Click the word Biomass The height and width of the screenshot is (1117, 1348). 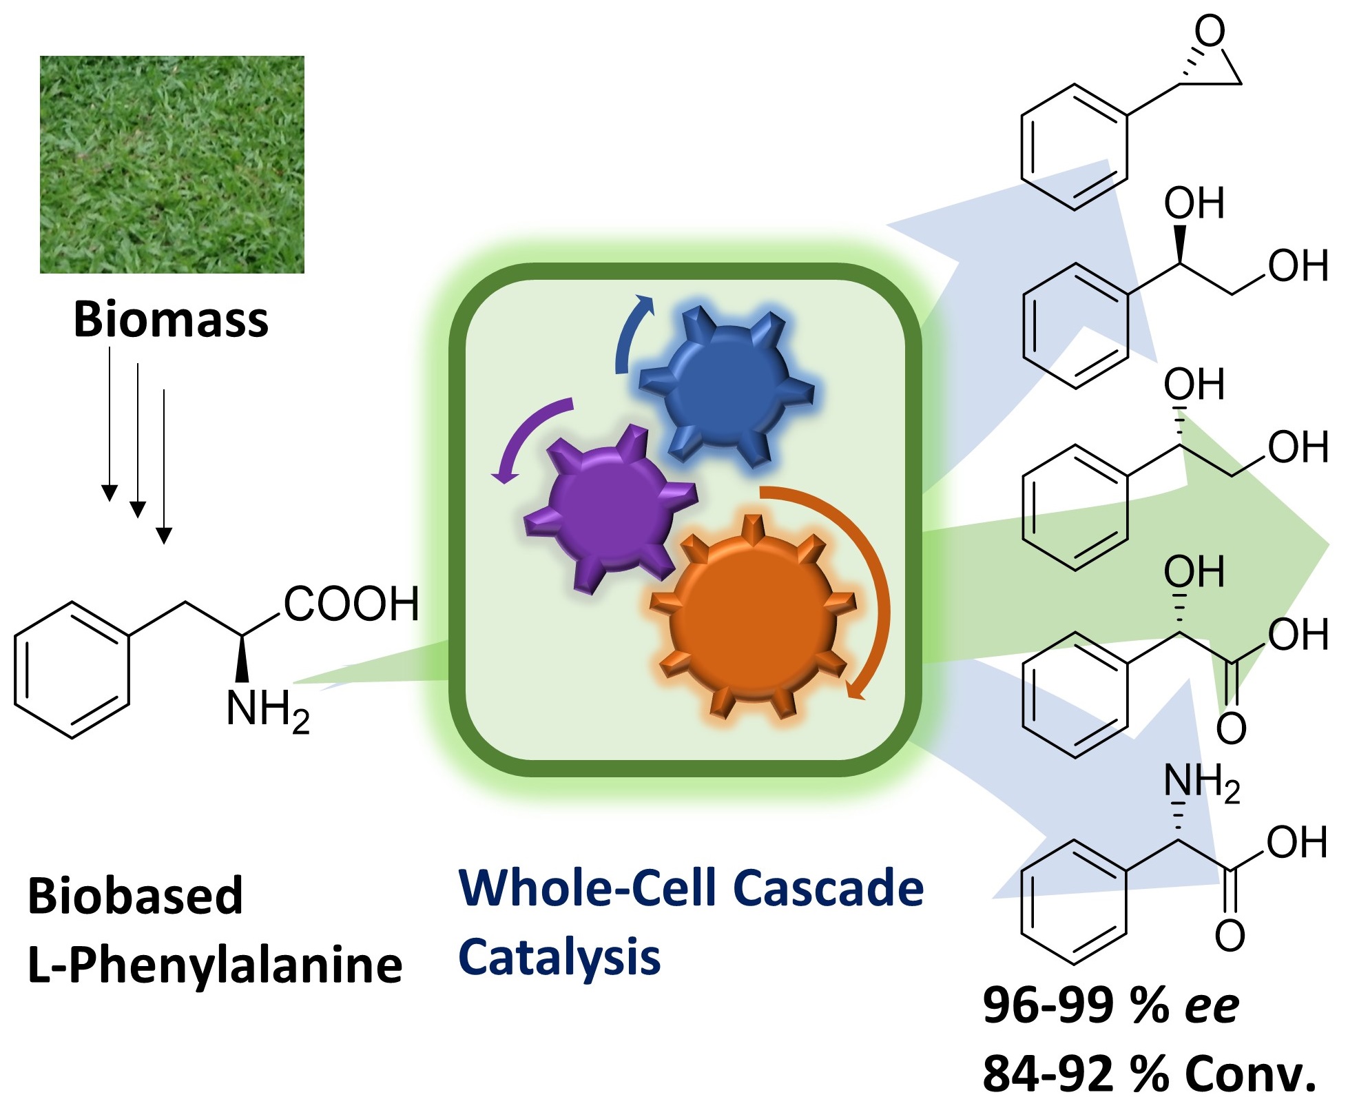[171, 320]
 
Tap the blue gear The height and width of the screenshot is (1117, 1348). [727, 387]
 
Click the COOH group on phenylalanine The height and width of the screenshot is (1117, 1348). [351, 604]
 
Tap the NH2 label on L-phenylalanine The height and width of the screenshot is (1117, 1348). [267, 710]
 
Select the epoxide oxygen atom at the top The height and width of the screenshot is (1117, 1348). [1210, 31]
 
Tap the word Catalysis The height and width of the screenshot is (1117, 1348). [559, 958]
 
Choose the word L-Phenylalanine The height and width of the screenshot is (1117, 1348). [215, 965]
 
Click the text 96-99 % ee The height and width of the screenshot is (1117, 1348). [1110, 1005]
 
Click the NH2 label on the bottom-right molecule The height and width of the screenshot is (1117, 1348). [1201, 783]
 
